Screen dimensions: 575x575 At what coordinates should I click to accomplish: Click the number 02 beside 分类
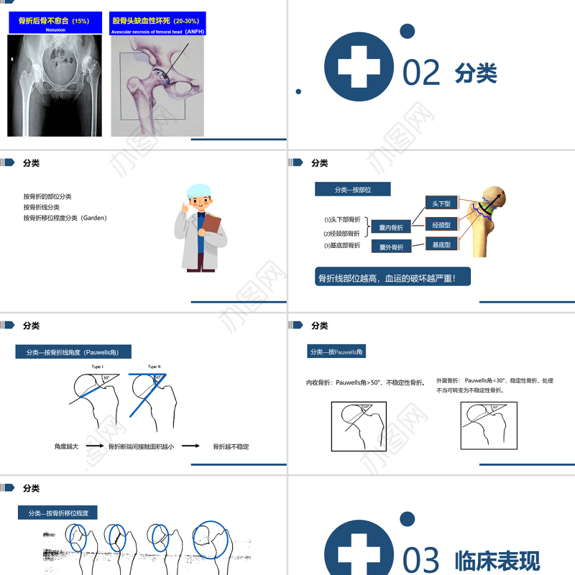coord(421,73)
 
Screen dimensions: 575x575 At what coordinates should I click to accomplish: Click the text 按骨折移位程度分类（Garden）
coord(65,218)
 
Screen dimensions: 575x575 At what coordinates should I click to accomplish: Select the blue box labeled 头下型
coord(441,204)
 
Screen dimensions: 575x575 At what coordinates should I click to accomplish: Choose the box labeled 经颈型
coord(441,225)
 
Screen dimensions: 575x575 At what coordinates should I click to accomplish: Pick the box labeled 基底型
coord(441,245)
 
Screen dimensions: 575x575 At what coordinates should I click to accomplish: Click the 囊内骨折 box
coord(391,228)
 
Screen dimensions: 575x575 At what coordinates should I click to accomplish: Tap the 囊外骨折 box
coord(391,247)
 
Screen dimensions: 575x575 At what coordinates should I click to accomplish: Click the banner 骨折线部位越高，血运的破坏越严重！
coord(392,277)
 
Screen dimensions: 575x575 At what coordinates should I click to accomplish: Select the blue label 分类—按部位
coord(352,190)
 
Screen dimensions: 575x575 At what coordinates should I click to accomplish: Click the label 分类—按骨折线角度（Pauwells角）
coord(73,352)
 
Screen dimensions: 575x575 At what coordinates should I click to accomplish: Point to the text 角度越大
coord(66,446)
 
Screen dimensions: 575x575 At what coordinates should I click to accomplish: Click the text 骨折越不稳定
coord(231,446)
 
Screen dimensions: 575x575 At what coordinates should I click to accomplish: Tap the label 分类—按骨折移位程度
coord(58,513)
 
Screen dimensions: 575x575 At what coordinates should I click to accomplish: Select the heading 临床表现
coord(497,561)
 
